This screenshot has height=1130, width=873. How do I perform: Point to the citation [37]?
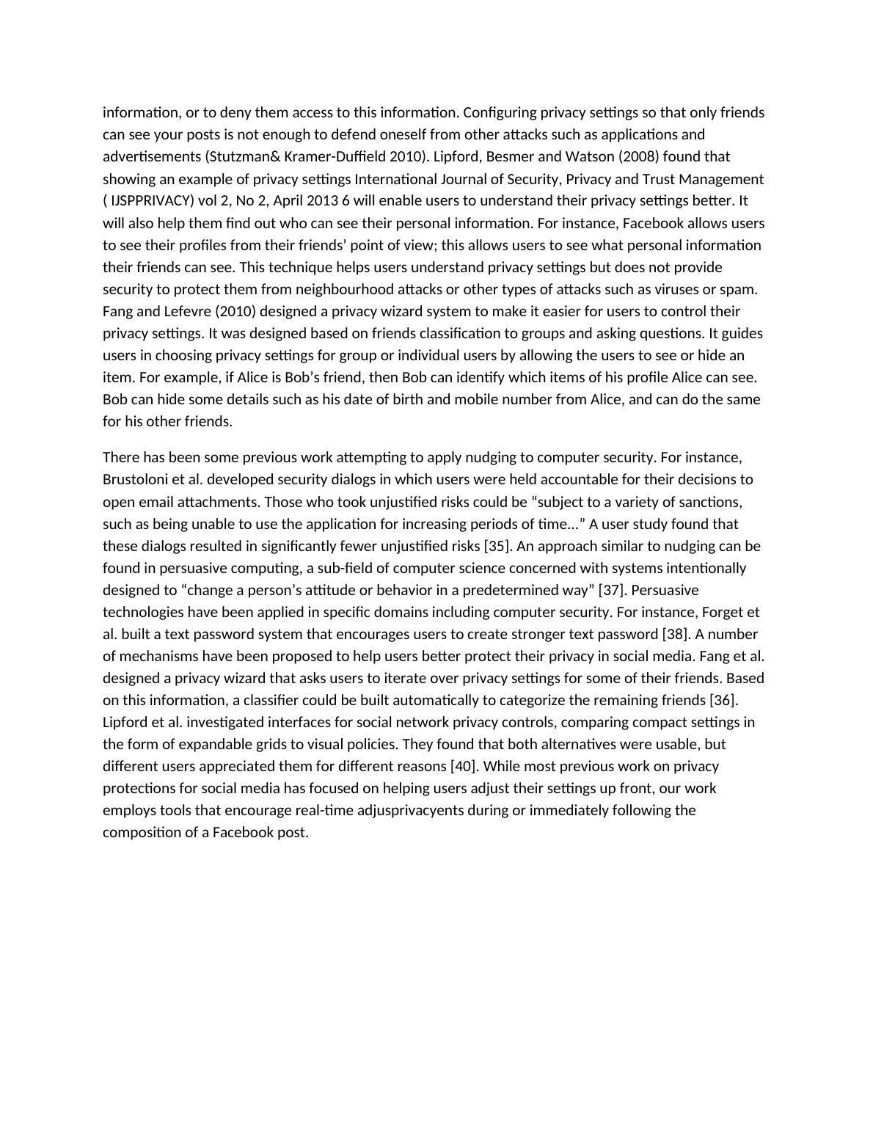click(611, 590)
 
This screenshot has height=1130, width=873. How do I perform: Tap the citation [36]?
click(723, 700)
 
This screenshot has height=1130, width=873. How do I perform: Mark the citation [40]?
click(463, 766)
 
